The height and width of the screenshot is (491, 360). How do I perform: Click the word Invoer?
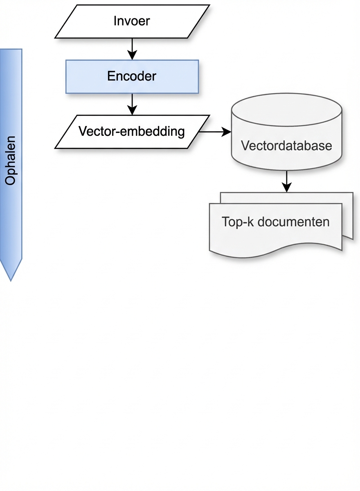tap(132, 21)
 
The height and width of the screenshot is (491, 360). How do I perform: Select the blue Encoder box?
tap(132, 77)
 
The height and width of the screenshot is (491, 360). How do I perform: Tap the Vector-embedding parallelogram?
tap(132, 132)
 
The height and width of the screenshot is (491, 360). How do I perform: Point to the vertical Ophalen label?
tap(11, 160)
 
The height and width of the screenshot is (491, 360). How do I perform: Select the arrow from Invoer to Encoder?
tap(132, 49)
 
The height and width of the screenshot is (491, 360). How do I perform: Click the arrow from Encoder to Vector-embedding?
tap(132, 104)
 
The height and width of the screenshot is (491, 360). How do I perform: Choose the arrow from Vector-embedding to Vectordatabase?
tap(215, 132)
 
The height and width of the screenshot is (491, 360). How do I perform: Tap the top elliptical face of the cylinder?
tap(286, 109)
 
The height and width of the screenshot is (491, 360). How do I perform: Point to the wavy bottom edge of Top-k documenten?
tap(275, 250)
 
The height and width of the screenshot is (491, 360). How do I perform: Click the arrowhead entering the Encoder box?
tap(132, 55)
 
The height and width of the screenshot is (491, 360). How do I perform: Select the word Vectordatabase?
tap(286, 146)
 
